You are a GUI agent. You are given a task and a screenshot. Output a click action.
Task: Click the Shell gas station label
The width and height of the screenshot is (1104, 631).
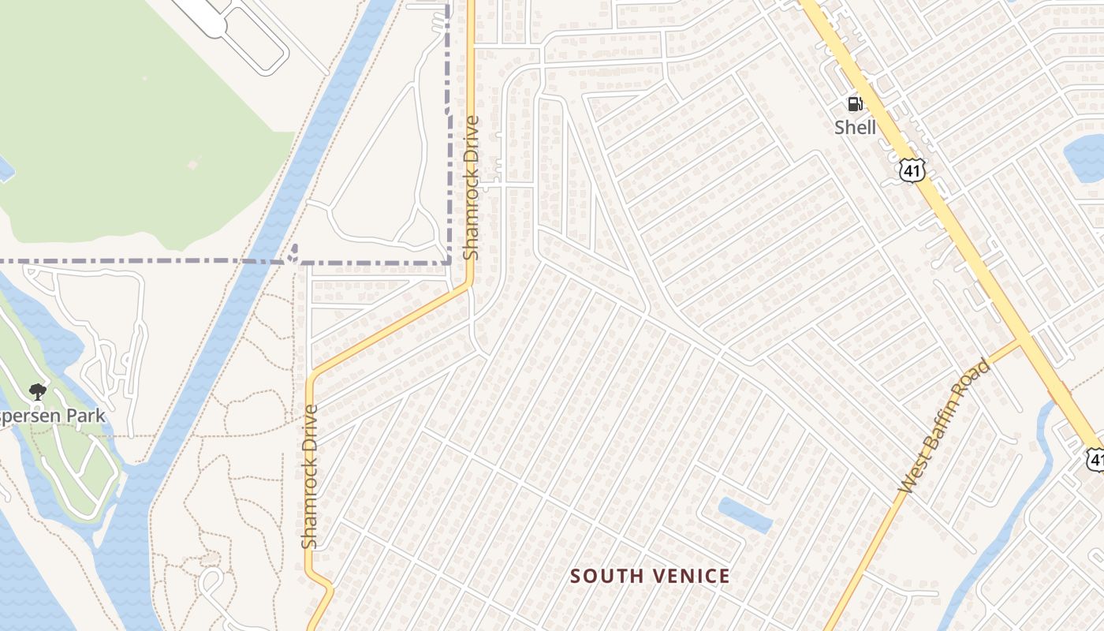point(856,127)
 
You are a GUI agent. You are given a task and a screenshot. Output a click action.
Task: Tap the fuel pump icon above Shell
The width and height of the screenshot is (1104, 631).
point(854,103)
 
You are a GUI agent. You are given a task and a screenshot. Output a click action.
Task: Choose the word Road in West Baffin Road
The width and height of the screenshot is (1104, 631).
point(979,379)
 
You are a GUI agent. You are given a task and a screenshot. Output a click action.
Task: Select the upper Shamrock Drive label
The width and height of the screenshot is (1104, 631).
point(472,188)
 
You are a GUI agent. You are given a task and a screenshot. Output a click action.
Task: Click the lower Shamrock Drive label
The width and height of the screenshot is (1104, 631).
point(309,476)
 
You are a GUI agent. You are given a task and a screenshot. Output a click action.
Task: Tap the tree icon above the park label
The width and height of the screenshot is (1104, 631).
point(36,391)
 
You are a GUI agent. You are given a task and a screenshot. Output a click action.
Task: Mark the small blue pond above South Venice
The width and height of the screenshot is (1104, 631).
point(744,514)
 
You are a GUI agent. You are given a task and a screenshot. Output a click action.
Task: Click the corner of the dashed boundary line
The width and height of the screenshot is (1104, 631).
point(449,262)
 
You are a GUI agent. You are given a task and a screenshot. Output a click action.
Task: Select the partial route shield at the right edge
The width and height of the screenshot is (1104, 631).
point(1095,459)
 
